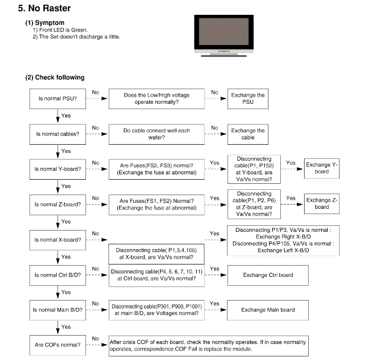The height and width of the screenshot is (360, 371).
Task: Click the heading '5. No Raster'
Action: coord(44,8)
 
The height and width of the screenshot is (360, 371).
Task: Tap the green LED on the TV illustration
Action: coord(224,51)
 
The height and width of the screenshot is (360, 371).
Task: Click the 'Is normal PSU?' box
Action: coord(57,99)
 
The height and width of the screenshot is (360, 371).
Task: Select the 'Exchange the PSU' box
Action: coord(248,99)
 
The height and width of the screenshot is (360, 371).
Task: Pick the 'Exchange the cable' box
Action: coord(248,134)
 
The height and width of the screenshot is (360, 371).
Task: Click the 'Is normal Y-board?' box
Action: coord(57,169)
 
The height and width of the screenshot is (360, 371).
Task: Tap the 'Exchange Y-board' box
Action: coord(322,168)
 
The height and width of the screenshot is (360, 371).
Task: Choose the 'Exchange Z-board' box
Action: coord(322,203)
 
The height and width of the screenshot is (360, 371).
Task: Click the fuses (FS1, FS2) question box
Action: coord(156,205)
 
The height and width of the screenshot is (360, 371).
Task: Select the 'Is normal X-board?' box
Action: coord(57,240)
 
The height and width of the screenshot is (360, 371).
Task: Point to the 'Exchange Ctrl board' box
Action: coord(268,275)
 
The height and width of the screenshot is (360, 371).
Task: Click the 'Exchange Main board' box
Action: coord(268,310)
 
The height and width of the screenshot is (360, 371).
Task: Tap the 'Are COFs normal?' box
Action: coord(57,345)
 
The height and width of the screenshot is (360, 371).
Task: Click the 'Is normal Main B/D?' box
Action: coord(57,310)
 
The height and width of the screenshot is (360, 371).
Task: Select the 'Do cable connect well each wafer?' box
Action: coord(156,134)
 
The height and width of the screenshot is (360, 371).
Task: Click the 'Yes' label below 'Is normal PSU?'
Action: coord(66,116)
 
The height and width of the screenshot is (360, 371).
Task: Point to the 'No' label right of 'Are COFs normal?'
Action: coord(95,339)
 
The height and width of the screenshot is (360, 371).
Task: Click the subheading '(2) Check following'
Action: coord(55,78)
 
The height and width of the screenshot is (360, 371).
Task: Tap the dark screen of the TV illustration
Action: coord(224,31)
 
